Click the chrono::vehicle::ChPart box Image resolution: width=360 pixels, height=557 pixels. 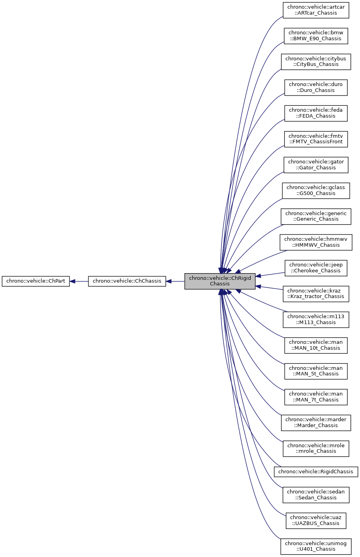pyautogui.click(x=36, y=281)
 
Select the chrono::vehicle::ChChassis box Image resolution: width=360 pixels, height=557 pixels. pyautogui.click(x=127, y=281)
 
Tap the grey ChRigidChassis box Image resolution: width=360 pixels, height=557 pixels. pyautogui.click(x=220, y=281)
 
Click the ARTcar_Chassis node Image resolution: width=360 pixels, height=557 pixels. pyautogui.click(x=316, y=10)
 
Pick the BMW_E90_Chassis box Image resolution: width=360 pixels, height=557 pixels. pyautogui.click(x=316, y=36)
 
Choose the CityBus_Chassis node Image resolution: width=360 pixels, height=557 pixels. pyautogui.click(x=316, y=62)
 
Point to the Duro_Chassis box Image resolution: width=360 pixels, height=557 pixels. pyautogui.click(x=316, y=88)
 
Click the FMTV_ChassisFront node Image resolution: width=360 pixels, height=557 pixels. pyautogui.click(x=316, y=139)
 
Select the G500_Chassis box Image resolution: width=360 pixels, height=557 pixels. pyautogui.click(x=316, y=191)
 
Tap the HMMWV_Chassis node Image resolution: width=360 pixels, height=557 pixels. pyautogui.click(x=316, y=242)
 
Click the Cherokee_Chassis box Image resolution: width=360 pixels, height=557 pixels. pyautogui.click(x=316, y=268)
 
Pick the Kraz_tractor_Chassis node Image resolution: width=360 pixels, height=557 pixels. pyautogui.click(x=316, y=294)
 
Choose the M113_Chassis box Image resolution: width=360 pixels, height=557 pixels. pyautogui.click(x=316, y=320)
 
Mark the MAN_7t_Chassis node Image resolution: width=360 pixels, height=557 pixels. pyautogui.click(x=316, y=397)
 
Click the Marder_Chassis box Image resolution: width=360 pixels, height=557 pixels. pyautogui.click(x=316, y=423)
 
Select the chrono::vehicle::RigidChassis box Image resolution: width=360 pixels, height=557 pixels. pyautogui.click(x=316, y=472)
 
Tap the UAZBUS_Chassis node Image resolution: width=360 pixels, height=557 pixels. pyautogui.click(x=316, y=521)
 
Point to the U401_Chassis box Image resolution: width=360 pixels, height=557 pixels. pyautogui.click(x=316, y=546)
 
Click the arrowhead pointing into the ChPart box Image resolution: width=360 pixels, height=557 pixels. pyautogui.click(x=73, y=281)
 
